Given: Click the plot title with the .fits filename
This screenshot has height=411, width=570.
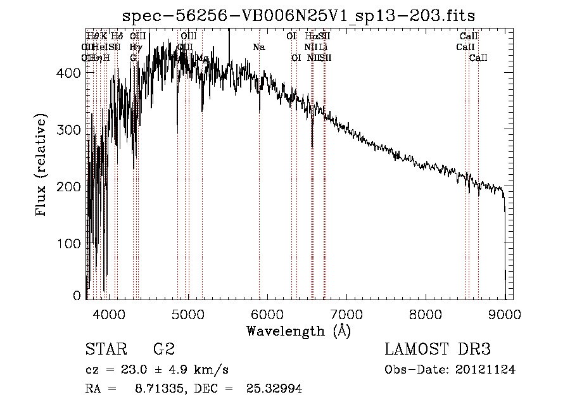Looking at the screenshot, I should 299,15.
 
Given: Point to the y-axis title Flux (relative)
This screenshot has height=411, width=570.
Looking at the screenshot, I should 42,166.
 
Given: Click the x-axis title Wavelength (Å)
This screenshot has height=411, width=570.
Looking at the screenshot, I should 299,331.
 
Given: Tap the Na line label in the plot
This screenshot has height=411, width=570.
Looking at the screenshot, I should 258,47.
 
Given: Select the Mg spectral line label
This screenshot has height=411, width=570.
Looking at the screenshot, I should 202,58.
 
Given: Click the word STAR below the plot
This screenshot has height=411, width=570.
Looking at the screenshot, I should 105,350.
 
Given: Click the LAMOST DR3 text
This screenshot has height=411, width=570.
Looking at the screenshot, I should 438,350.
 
